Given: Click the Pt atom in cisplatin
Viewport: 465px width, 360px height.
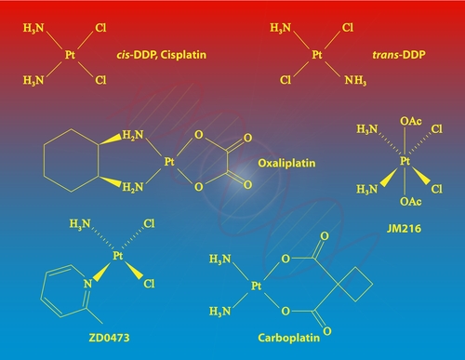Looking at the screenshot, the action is pos(71,56).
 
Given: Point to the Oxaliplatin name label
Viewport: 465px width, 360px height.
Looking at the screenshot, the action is pos(285,161).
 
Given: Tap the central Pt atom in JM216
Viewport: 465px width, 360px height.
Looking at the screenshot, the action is pos(405,160).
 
